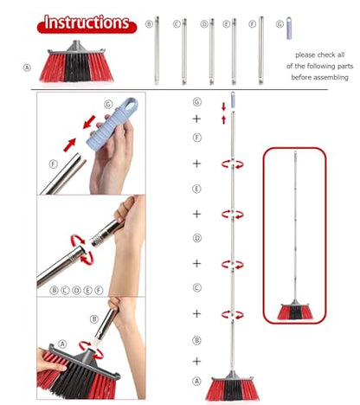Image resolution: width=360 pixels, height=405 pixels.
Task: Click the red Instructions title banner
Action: tap(87, 23)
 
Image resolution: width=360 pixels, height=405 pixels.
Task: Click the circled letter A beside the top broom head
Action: tap(27, 67)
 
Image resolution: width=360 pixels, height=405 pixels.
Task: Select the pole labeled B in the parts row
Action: tap(157, 50)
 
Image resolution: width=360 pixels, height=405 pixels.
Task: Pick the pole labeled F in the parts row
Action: tap(260, 50)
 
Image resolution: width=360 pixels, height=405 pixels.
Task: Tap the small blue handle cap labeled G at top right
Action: tap(289, 29)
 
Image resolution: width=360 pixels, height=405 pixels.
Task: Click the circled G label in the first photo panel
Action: tap(108, 104)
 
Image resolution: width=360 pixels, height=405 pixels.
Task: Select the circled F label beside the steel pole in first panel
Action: tap(53, 164)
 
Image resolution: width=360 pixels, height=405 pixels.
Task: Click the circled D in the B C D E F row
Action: tap(76, 290)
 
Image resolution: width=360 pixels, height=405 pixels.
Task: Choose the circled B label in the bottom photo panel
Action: tap(94, 319)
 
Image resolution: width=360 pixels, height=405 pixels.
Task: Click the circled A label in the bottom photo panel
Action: tap(62, 344)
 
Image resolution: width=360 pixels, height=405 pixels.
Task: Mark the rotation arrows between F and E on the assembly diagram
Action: tap(233, 164)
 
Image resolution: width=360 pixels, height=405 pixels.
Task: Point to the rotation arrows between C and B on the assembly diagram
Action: tap(233, 314)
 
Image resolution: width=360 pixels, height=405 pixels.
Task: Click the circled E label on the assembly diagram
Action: tap(196, 189)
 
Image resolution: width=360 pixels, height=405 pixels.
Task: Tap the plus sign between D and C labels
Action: tap(196, 263)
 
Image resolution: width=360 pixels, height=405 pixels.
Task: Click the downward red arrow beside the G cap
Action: tap(223, 106)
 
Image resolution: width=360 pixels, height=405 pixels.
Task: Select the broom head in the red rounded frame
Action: tap(295, 310)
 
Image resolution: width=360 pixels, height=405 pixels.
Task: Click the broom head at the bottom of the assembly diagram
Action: tap(232, 386)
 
